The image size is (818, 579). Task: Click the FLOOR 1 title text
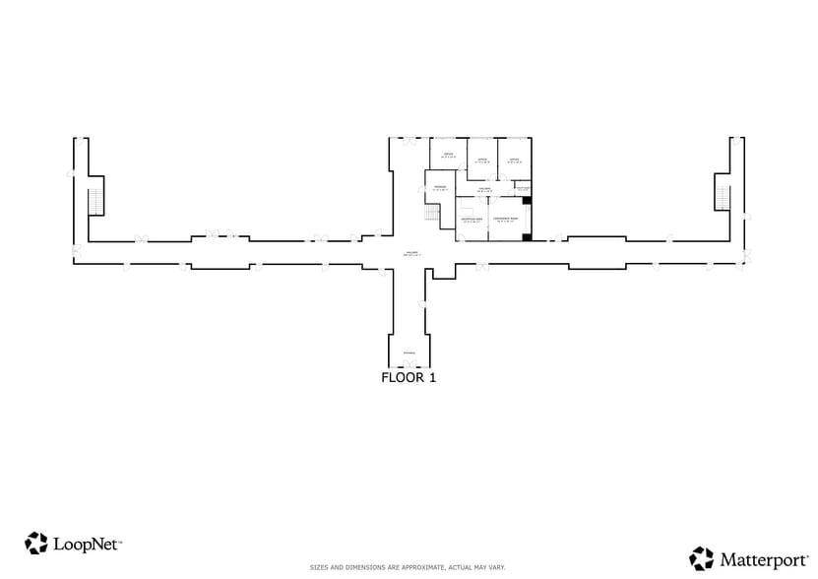click(409, 377)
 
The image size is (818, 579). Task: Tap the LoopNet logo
click(74, 543)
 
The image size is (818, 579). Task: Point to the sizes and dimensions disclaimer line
click(408, 568)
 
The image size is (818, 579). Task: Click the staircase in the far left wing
click(95, 201)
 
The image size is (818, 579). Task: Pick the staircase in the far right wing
click(722, 197)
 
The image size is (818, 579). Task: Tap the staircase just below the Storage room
click(431, 214)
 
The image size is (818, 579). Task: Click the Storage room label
click(441, 187)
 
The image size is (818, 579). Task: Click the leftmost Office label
click(448, 155)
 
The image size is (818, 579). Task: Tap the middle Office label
click(482, 160)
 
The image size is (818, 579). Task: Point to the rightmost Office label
click(514, 160)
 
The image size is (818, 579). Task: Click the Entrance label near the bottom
click(409, 352)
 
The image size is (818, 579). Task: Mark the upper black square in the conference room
click(528, 201)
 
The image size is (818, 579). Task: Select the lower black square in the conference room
click(528, 236)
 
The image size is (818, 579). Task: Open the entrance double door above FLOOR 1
click(409, 364)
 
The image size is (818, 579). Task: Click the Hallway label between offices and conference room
click(484, 188)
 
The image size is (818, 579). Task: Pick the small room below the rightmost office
click(524, 188)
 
